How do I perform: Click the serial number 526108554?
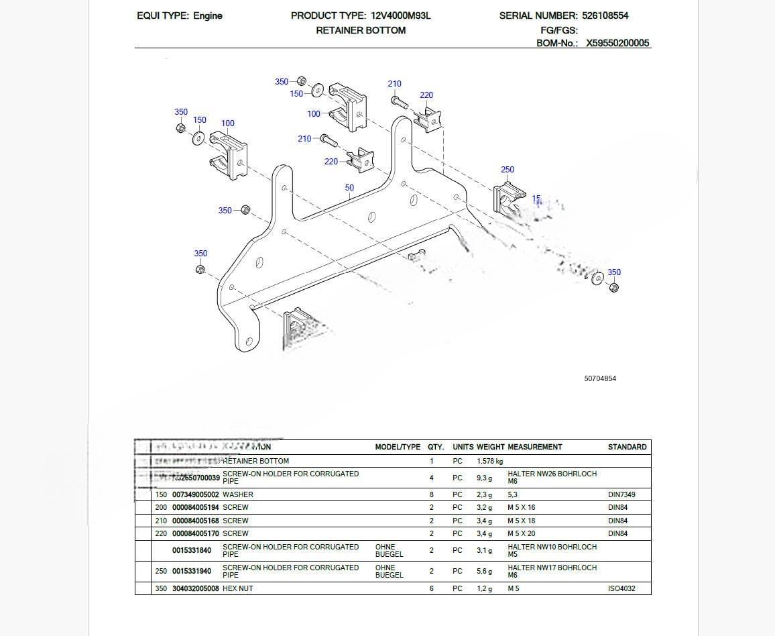tap(605, 15)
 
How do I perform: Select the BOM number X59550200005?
tap(617, 43)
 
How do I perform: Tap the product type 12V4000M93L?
tap(401, 15)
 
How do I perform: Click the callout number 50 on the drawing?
tap(349, 188)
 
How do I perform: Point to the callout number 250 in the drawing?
tap(508, 170)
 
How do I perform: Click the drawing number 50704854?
tap(600, 378)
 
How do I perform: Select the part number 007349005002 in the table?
tap(196, 494)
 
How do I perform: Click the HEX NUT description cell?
tap(238, 588)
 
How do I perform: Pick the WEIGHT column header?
tap(491, 447)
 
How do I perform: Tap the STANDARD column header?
tap(628, 447)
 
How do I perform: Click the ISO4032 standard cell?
tap(621, 588)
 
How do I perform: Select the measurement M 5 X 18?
tap(522, 521)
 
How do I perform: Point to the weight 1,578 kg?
tap(490, 462)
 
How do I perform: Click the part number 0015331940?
tap(192, 571)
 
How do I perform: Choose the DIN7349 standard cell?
tap(621, 494)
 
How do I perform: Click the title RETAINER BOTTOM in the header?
tap(361, 30)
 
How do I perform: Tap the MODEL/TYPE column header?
tap(398, 447)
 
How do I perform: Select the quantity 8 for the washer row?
tap(432, 494)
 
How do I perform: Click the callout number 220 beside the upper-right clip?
tap(426, 95)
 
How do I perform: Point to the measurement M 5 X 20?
tap(522, 533)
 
